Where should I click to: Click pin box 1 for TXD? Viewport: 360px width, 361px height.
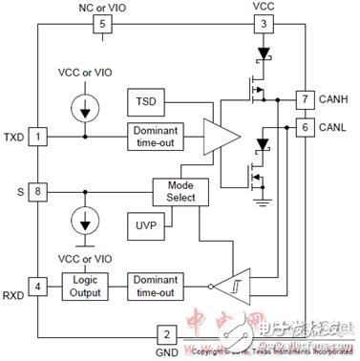coord(37,137)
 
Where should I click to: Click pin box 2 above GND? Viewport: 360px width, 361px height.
coord(165,334)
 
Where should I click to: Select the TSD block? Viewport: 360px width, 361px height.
coord(145,100)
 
